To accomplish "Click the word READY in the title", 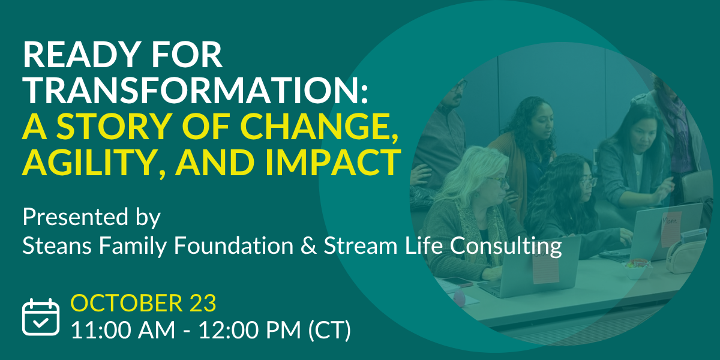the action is pyautogui.click(x=82, y=55).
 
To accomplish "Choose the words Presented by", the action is pyautogui.click(x=92, y=218).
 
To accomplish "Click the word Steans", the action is pyautogui.click(x=57, y=246).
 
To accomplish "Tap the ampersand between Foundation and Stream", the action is pyautogui.click(x=308, y=246).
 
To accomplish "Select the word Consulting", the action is pyautogui.click(x=506, y=247).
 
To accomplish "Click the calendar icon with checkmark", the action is pyautogui.click(x=41, y=317).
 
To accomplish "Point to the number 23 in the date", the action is pyautogui.click(x=203, y=303).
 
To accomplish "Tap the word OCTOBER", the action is pyautogui.click(x=127, y=303).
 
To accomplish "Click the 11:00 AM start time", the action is pyautogui.click(x=123, y=330).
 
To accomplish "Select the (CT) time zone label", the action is pyautogui.click(x=329, y=330).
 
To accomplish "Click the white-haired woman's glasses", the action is pyautogui.click(x=497, y=181).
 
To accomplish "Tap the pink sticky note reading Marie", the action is pyautogui.click(x=672, y=229).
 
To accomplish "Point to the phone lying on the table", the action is pyautogui.click(x=458, y=281).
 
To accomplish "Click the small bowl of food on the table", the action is pyautogui.click(x=638, y=268).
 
